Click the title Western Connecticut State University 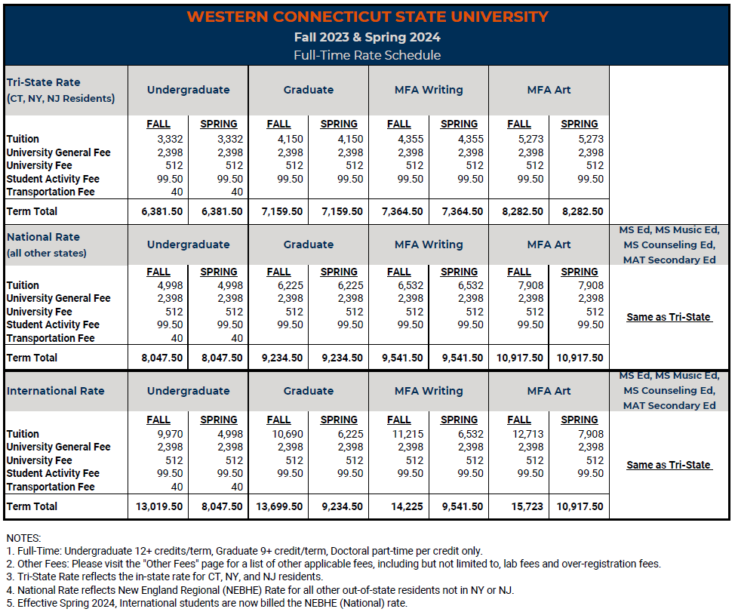pos(367,17)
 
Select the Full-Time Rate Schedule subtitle pos(367,55)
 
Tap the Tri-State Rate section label pos(44,82)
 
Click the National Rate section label pos(43,237)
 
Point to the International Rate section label pos(55,391)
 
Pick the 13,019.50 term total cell pos(159,506)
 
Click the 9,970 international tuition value pos(170,434)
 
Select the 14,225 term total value pos(407,506)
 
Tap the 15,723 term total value pos(527,506)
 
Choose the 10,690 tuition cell pos(288,434)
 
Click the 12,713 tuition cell pos(527,434)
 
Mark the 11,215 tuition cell pos(407,434)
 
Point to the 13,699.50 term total pos(279,506)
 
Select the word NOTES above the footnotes pos(23,538)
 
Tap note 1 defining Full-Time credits pos(244,551)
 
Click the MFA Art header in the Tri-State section pos(549,90)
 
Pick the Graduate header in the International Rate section pos(309,391)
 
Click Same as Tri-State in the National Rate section pos(669,317)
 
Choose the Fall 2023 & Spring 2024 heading pos(367,37)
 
